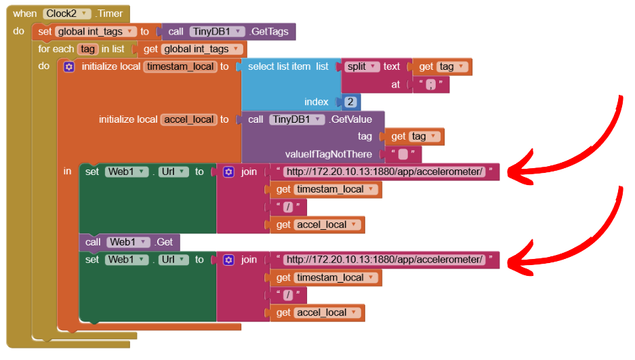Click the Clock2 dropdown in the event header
point(66,14)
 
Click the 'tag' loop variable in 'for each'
point(88,49)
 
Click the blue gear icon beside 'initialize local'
point(68,66)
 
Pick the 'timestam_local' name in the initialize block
point(180,66)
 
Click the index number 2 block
point(350,102)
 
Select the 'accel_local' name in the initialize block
point(188,119)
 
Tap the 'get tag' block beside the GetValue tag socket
point(415,137)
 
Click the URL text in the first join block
point(384,172)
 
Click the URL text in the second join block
point(384,260)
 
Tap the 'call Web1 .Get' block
point(129,242)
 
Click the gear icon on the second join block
point(228,260)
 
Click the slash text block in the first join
point(288,207)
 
